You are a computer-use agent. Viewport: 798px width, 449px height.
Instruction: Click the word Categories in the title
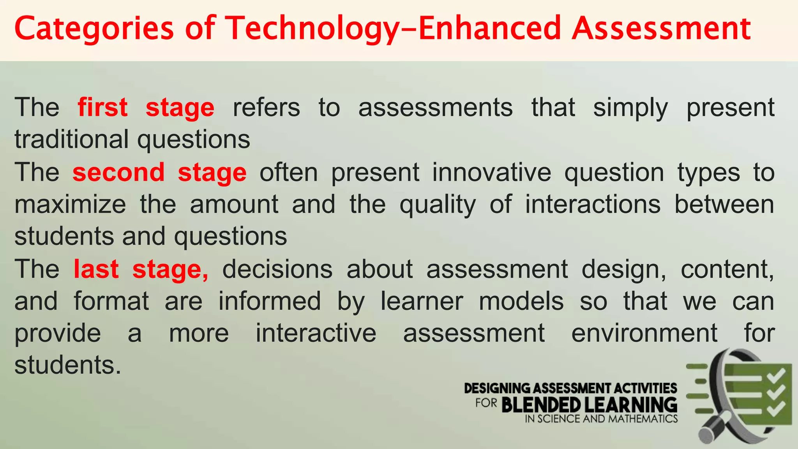(x=94, y=29)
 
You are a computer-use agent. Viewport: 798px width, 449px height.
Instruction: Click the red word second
(x=118, y=172)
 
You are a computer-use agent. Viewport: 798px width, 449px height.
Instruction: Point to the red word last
(x=96, y=269)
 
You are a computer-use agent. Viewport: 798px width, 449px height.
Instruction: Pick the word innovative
(x=492, y=172)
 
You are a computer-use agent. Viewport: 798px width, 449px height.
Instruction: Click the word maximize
(x=71, y=204)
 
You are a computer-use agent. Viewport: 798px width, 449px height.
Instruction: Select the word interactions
(x=593, y=204)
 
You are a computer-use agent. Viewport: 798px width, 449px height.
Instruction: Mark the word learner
(x=422, y=301)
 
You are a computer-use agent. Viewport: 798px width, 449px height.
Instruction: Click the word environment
(x=644, y=333)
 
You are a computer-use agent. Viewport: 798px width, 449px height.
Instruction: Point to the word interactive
(x=316, y=333)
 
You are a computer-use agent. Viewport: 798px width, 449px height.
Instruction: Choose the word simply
(x=630, y=108)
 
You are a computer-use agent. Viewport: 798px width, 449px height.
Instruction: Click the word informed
(x=270, y=301)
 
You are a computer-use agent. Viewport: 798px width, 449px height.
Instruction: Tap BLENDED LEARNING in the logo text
(x=589, y=405)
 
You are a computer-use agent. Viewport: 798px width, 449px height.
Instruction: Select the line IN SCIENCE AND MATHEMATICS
(x=601, y=419)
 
